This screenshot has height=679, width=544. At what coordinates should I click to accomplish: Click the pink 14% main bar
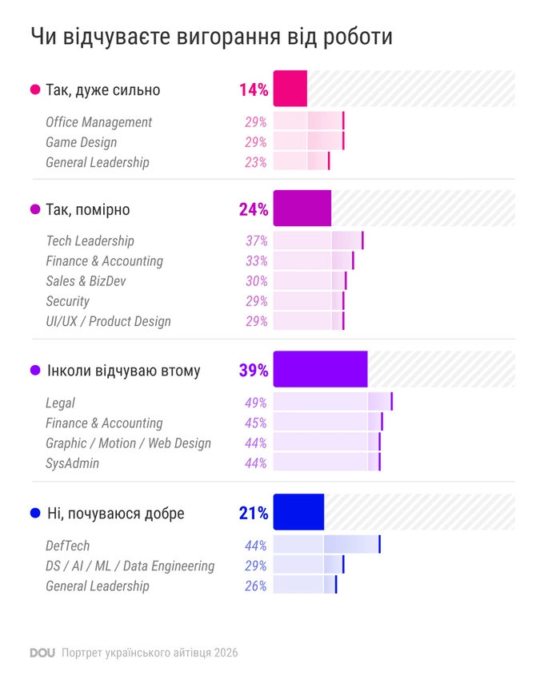pyautogui.click(x=290, y=89)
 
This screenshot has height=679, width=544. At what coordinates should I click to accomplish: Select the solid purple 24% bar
pyautogui.click(x=302, y=208)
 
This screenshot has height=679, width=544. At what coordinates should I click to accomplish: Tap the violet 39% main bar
pyautogui.click(x=320, y=369)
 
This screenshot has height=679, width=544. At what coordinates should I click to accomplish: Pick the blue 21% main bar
pyautogui.click(x=298, y=512)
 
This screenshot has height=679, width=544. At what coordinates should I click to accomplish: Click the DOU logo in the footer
pyautogui.click(x=42, y=653)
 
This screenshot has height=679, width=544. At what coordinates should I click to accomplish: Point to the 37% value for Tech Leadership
pyautogui.click(x=256, y=240)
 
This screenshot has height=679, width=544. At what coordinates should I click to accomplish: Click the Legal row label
pyautogui.click(x=60, y=403)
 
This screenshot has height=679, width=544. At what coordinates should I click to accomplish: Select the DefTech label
pyautogui.click(x=68, y=546)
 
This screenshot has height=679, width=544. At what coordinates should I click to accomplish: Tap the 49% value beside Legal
pyautogui.click(x=255, y=403)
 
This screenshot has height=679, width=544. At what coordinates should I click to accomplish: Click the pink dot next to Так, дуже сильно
pyautogui.click(x=35, y=89)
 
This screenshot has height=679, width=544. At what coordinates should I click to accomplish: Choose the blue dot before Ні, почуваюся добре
pyautogui.click(x=35, y=513)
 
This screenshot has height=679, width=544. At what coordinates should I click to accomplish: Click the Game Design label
pyautogui.click(x=82, y=142)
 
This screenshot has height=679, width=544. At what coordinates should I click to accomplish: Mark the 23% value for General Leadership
pyautogui.click(x=255, y=162)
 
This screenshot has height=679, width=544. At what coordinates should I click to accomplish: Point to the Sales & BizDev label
pyautogui.click(x=86, y=281)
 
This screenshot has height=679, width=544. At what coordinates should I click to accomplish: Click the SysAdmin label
pyautogui.click(x=73, y=463)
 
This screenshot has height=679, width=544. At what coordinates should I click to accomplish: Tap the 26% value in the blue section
pyautogui.click(x=255, y=586)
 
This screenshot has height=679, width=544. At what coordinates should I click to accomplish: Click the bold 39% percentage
pyautogui.click(x=254, y=370)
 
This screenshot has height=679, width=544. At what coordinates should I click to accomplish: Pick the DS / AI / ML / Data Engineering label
pyautogui.click(x=130, y=566)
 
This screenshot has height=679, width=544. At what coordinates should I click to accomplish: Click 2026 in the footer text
pyautogui.click(x=226, y=653)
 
